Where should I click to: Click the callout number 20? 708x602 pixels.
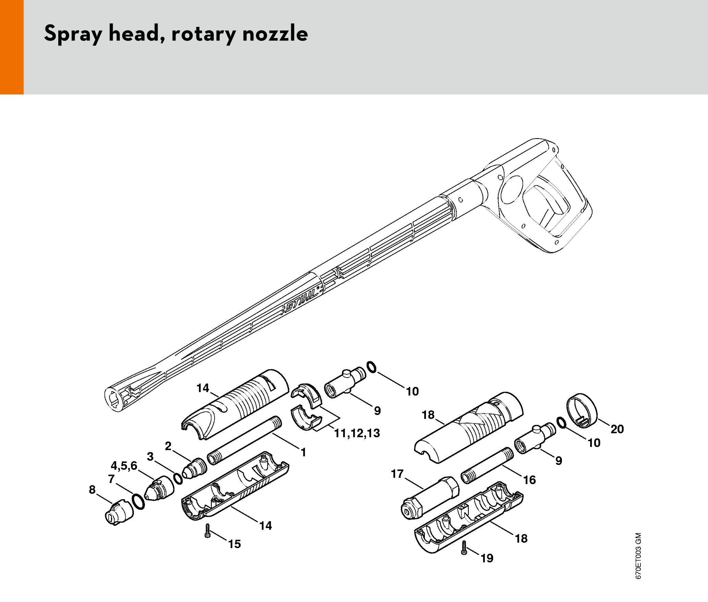(x=617, y=429)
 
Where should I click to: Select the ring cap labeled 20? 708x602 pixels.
(x=582, y=411)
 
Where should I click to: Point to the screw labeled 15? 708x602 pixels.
(x=207, y=530)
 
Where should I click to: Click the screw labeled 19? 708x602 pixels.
(x=464, y=547)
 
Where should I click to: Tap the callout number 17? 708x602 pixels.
(x=397, y=474)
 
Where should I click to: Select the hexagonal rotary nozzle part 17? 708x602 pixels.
(x=430, y=497)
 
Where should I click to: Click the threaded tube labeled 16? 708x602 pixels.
(x=488, y=465)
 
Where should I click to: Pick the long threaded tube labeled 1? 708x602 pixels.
(x=245, y=440)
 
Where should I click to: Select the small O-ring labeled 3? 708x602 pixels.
(x=178, y=479)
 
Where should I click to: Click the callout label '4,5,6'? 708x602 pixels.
(x=124, y=466)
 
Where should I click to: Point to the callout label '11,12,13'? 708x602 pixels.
(x=357, y=433)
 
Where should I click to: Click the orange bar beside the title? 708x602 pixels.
(x=12, y=47)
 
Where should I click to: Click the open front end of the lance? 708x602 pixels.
(x=115, y=400)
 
